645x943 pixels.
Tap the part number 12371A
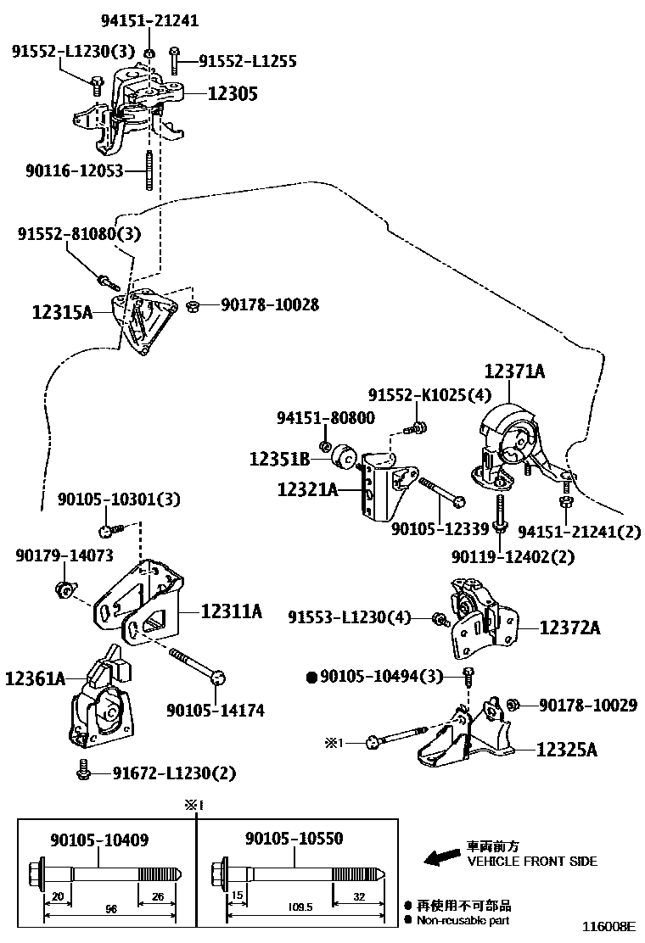514,371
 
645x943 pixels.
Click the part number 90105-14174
215,710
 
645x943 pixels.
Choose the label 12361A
35,678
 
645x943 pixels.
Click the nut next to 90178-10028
193,304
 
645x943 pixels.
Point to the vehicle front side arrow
440,858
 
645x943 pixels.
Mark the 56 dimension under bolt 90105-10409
110,908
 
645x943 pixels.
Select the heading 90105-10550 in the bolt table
294,839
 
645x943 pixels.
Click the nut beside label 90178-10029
513,704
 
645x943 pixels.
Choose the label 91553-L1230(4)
349,618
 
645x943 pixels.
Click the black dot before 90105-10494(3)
311,676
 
